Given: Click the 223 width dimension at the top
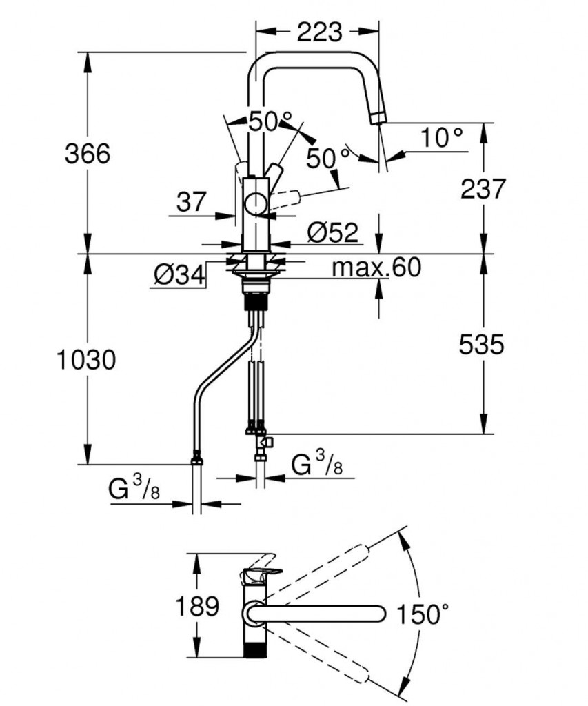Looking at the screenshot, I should click(x=319, y=31).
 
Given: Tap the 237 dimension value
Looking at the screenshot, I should click(x=483, y=188).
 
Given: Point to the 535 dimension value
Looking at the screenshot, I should click(x=481, y=344).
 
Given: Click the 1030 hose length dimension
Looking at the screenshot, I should click(x=85, y=359).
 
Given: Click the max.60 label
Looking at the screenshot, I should click(x=376, y=268).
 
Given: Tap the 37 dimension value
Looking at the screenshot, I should click(x=191, y=202).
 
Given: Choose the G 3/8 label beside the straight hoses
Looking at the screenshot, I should click(x=316, y=465).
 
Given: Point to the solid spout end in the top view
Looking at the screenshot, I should click(x=376, y=612).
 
